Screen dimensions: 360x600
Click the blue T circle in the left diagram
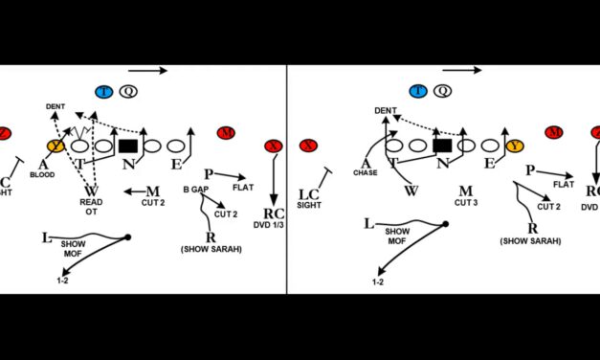coord(104,92)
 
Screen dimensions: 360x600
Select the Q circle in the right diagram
coord(442,92)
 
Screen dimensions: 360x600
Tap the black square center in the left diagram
coord(128,146)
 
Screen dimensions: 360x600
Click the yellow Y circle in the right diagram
coord(516,146)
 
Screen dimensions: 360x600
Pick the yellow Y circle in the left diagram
coord(56,146)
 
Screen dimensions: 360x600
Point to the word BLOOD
coord(42,175)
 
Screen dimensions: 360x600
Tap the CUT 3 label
coord(466,203)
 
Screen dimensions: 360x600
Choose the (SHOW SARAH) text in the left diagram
coord(211,249)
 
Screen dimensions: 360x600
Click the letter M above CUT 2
coord(153,191)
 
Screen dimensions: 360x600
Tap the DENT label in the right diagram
coord(387,111)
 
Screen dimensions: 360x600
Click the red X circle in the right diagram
coord(307,146)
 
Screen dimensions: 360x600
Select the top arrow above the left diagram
coord(149,70)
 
